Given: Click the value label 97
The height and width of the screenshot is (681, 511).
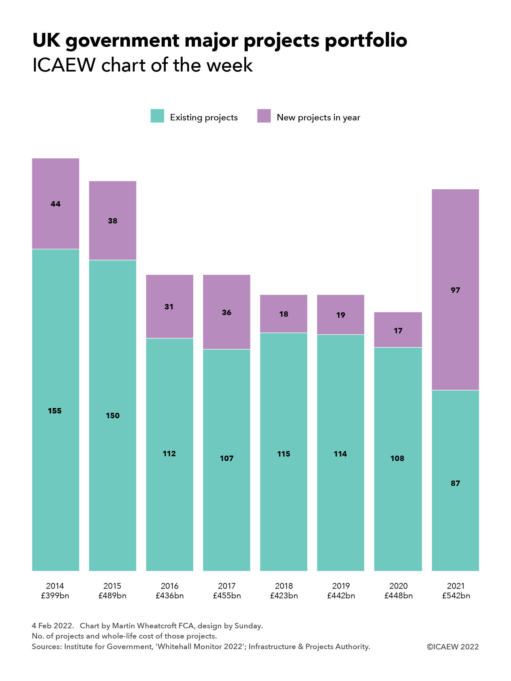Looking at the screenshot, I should coord(455,290).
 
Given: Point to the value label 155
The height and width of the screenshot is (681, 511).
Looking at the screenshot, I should coord(55,411).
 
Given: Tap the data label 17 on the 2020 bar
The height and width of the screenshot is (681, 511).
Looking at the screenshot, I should coord(398,331).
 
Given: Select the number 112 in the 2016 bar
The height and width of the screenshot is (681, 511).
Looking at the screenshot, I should coord(169,454).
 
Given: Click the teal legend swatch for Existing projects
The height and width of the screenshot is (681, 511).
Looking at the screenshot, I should coord(157,116).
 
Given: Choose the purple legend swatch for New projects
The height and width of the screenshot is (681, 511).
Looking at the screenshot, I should coord(264,116).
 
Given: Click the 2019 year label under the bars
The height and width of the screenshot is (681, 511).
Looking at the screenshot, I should coord(341,586).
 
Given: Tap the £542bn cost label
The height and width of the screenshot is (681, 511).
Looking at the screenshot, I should coord(456,596).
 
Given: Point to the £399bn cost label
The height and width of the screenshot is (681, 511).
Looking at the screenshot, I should coord(55,596).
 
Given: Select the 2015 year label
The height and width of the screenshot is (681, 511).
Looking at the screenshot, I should coord(112,586).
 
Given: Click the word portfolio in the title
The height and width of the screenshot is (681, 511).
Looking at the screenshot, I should coord(366,41).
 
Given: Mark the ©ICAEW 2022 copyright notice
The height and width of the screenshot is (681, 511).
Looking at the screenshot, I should coord(453,647).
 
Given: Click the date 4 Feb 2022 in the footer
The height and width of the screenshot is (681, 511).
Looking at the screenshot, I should coord(53,626).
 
